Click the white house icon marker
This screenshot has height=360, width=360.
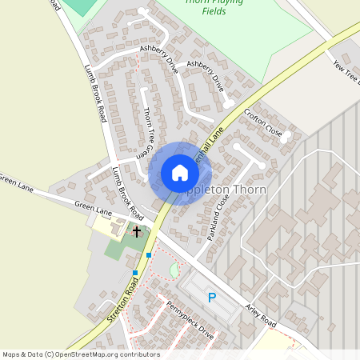[180, 173]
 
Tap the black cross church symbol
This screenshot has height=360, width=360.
[137, 232]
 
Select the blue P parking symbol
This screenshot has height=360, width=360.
[212, 298]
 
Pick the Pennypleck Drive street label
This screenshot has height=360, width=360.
[190, 321]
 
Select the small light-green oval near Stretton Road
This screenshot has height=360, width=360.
[174, 270]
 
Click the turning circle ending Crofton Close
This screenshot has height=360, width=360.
[283, 137]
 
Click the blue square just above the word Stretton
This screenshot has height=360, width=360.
[135, 273]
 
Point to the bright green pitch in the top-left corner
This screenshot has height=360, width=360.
[78, 6]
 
